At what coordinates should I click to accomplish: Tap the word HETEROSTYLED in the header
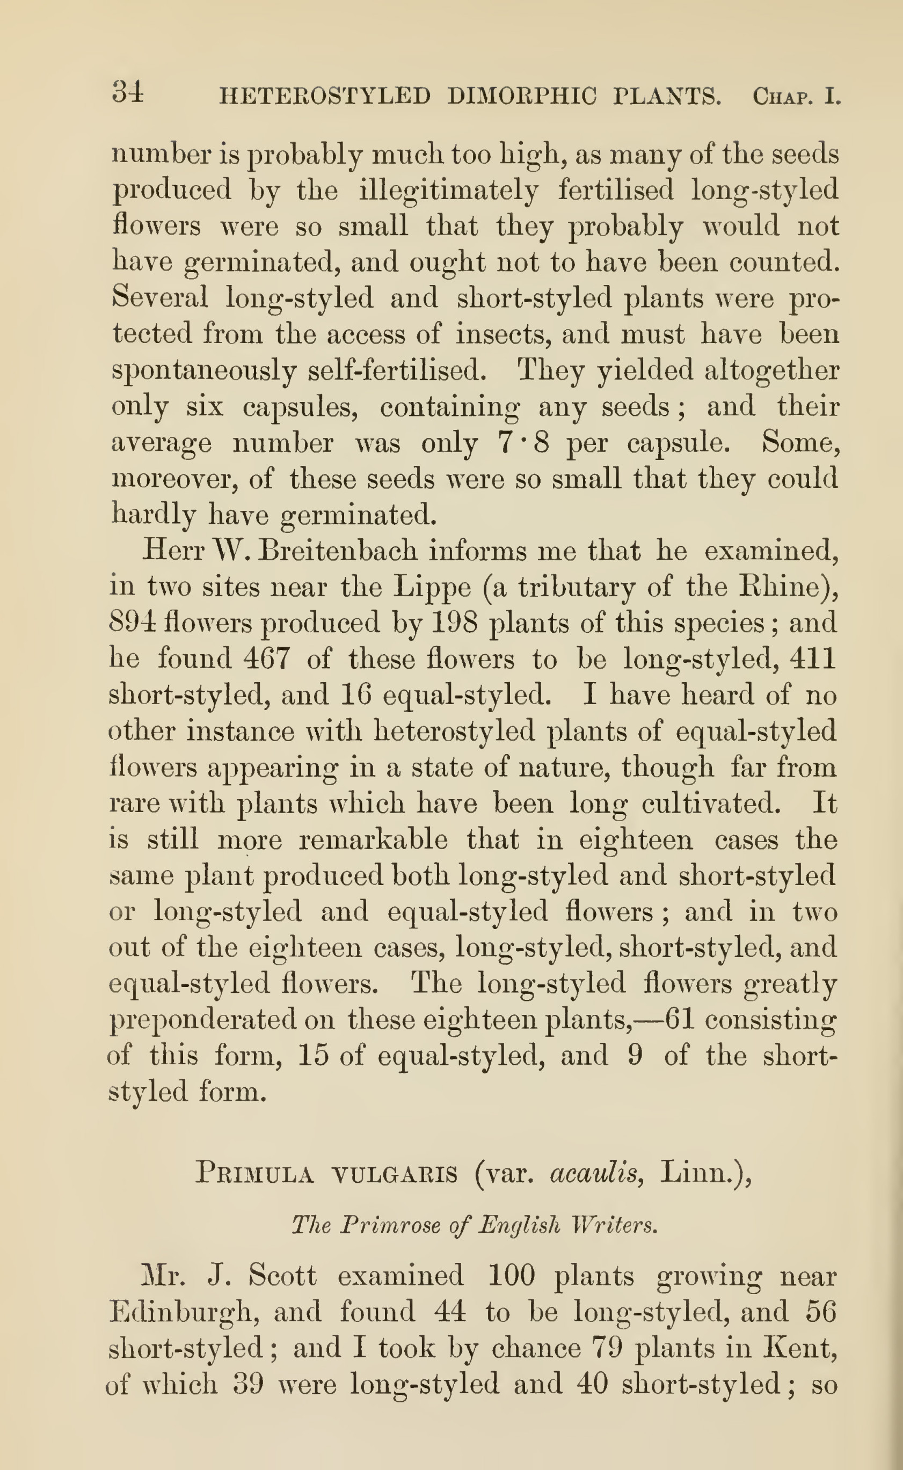[x=324, y=96]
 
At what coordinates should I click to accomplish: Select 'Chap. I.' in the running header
[x=796, y=96]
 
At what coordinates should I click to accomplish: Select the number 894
[x=133, y=623]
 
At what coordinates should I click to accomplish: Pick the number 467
[x=267, y=659]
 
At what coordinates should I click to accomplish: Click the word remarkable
[x=373, y=840]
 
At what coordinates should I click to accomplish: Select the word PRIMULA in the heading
[x=255, y=1173]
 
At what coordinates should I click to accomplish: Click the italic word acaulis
[x=596, y=1173]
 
